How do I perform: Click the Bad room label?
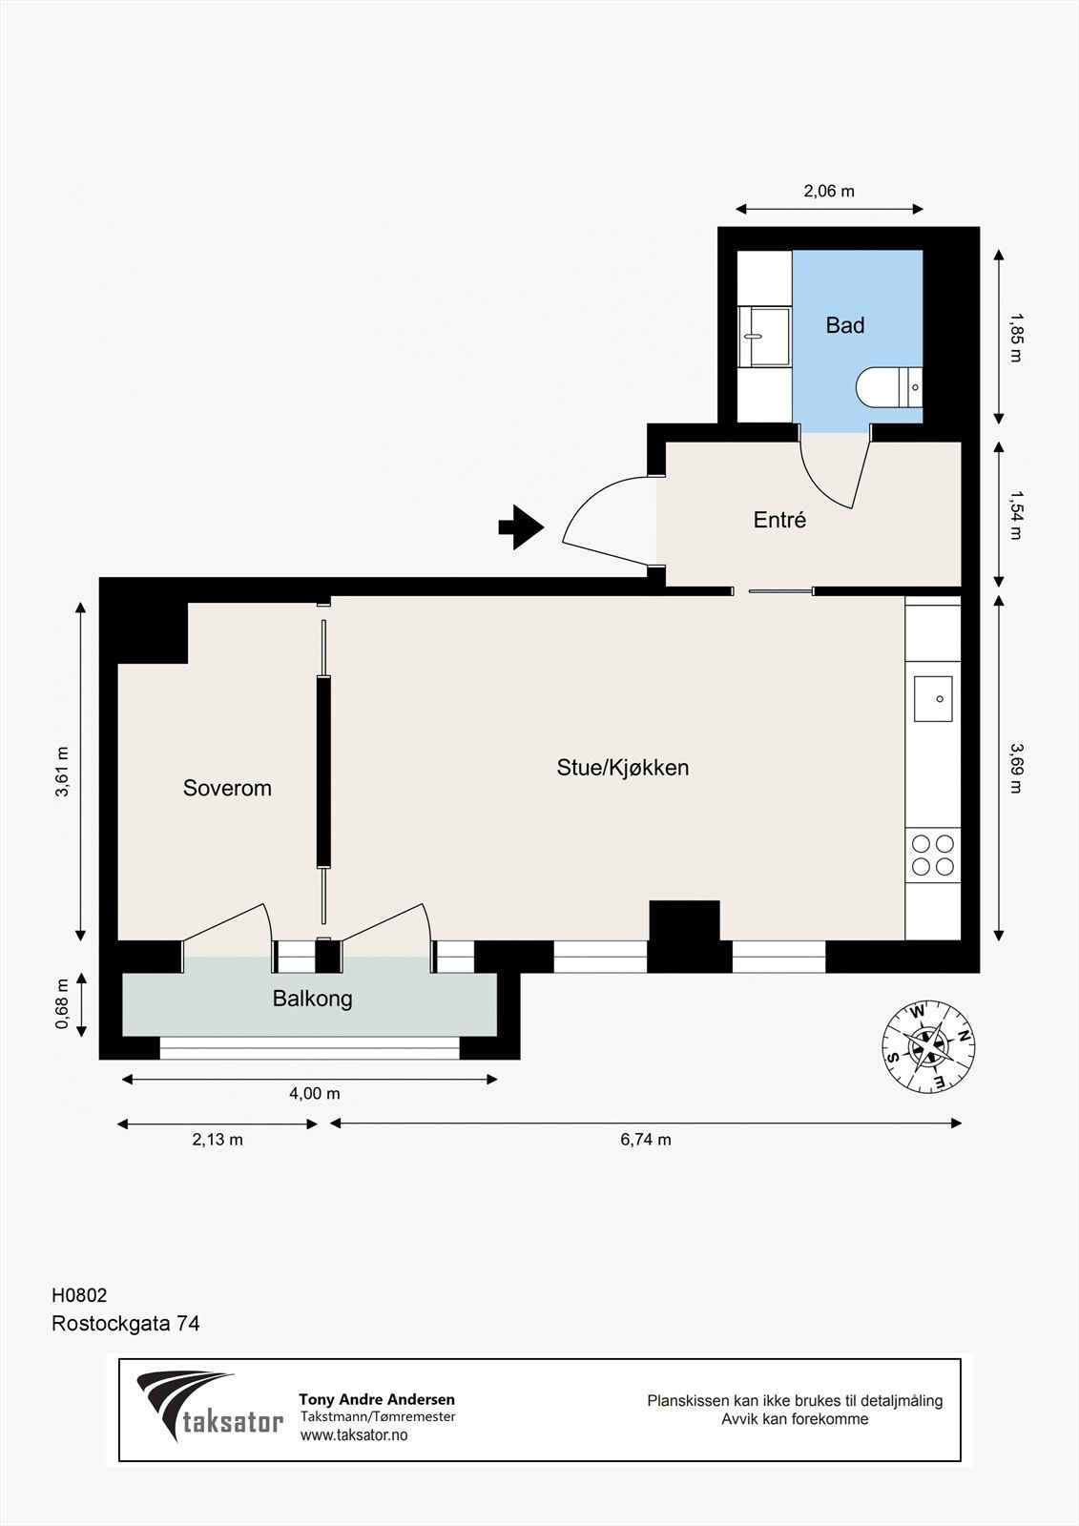(844, 325)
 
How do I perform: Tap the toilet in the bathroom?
(888, 387)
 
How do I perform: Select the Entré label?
(779, 520)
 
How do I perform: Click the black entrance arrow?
(521, 526)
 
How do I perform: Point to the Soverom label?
(227, 788)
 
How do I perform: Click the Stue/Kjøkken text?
(622, 768)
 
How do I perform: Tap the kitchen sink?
(933, 699)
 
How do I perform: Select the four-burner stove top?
(933, 855)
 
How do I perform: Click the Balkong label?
(312, 999)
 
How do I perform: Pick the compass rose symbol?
(928, 1046)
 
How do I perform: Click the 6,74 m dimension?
(646, 1140)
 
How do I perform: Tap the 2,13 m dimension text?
(218, 1140)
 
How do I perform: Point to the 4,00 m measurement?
(314, 1094)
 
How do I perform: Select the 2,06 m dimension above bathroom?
(829, 191)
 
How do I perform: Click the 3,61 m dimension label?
(63, 771)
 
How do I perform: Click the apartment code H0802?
(79, 1295)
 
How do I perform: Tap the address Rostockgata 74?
(125, 1324)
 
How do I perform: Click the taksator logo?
(210, 1408)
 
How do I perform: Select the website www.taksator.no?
(354, 1435)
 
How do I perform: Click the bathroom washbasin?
(764, 337)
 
